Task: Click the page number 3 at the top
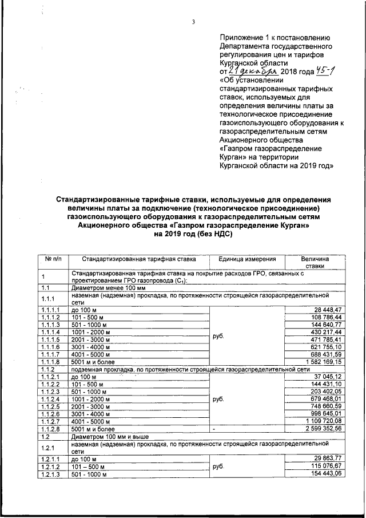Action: pyautogui.click(x=194, y=22)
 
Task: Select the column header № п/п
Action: pyautogui.click(x=53, y=259)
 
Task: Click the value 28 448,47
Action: pyautogui.click(x=327, y=309)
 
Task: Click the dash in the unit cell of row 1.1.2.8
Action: pyautogui.click(x=213, y=429)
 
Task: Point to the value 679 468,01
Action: pyautogui.click(x=324, y=399)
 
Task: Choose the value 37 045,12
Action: pyautogui.click(x=327, y=377)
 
